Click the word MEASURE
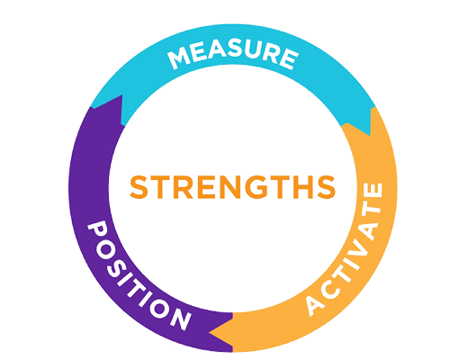click(x=233, y=56)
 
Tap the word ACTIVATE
click(x=345, y=249)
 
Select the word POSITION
click(x=139, y=275)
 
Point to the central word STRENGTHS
click(x=232, y=187)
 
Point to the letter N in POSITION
click(x=181, y=319)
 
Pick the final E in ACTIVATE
click(x=374, y=191)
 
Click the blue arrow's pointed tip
click(x=370, y=136)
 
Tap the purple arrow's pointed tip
click(x=121, y=95)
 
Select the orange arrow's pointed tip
click(x=210, y=332)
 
